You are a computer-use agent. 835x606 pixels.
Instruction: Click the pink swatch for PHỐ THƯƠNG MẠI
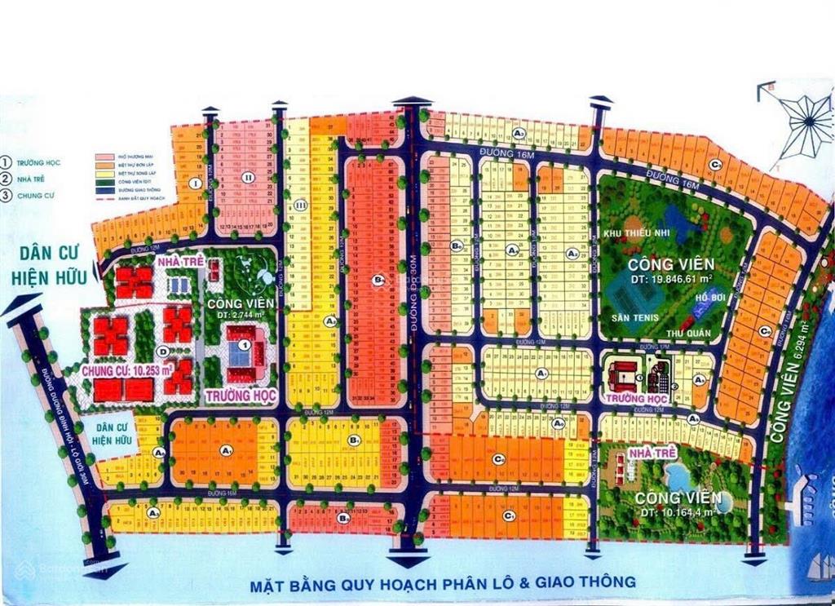pos(104,156)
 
